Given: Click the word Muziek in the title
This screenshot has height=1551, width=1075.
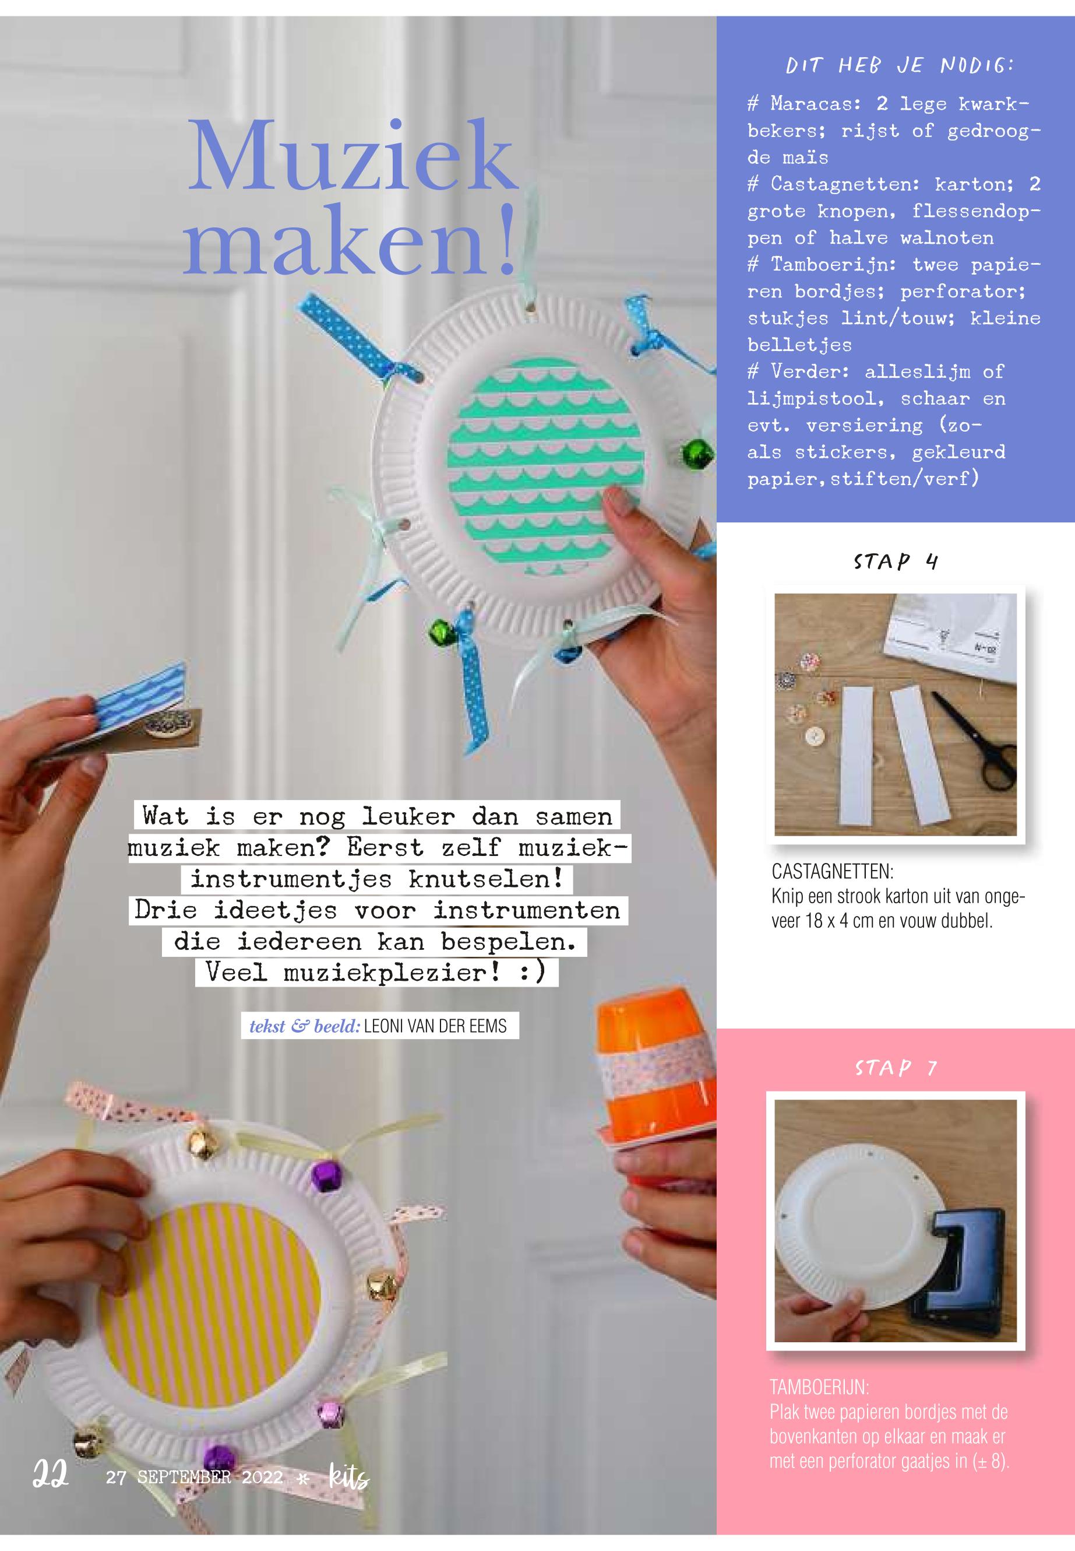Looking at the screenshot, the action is (353, 156).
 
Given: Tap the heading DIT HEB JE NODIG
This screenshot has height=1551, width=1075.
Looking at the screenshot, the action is (900, 65).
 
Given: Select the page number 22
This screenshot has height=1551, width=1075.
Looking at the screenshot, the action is (51, 1476).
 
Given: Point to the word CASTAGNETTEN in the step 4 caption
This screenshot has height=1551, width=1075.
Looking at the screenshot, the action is (831, 872).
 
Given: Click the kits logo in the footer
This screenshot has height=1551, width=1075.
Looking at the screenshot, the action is (348, 1477).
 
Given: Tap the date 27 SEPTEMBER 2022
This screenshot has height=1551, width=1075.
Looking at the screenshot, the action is (194, 1477).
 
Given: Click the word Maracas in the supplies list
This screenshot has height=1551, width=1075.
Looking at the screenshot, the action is (813, 104).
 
